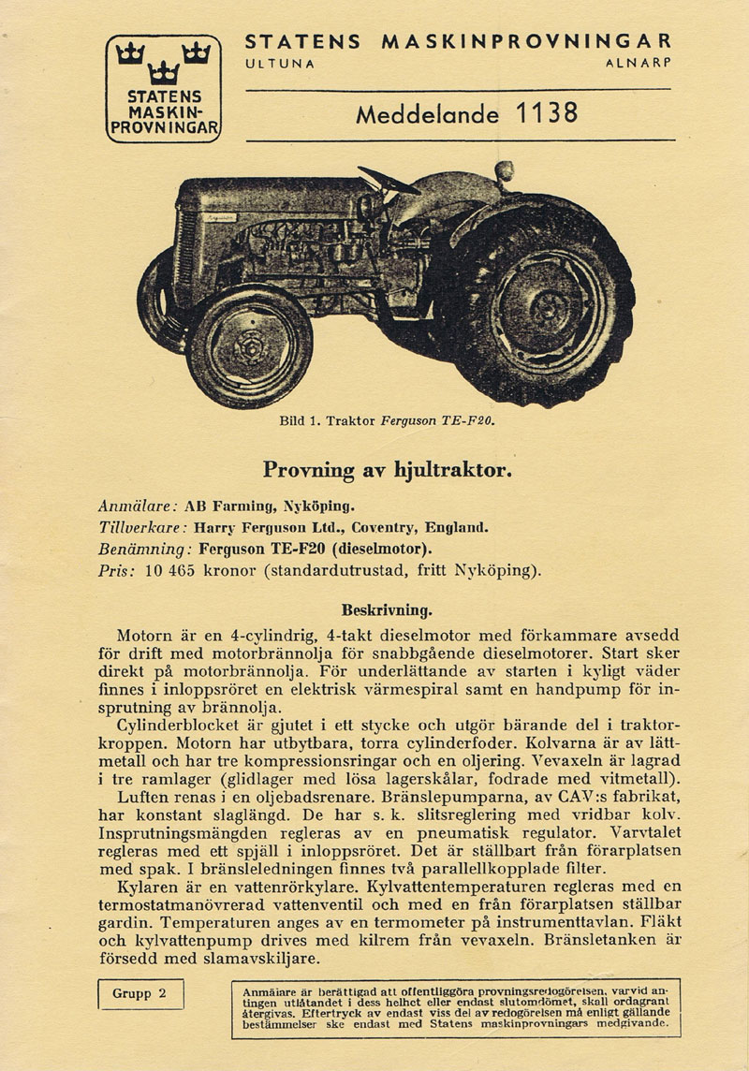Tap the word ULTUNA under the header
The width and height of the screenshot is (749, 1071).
click(x=279, y=64)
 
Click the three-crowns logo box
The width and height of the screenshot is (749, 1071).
click(x=163, y=88)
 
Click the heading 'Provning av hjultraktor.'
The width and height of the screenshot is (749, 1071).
click(x=388, y=468)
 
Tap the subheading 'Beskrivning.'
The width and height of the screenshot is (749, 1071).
click(x=388, y=609)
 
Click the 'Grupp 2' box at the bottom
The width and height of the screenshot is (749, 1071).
click(x=141, y=993)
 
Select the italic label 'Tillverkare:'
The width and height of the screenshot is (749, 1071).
click(x=142, y=526)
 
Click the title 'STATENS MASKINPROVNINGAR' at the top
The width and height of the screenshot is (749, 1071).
click(x=458, y=41)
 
